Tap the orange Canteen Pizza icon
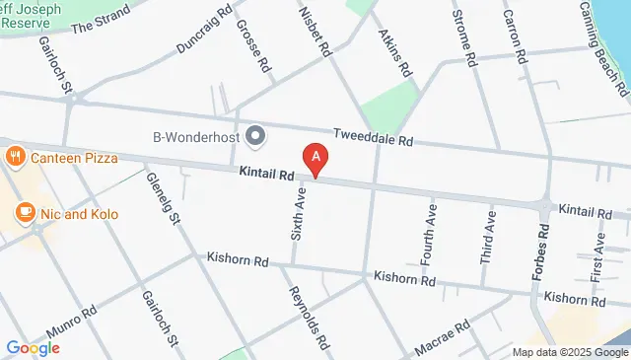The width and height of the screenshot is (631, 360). tap(15, 157)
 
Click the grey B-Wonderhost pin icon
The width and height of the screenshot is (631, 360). tap(255, 136)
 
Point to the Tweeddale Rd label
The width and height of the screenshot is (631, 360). tap(373, 140)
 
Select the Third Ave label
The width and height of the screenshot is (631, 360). tap(487, 236)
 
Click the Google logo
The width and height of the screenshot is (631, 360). tap(33, 347)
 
